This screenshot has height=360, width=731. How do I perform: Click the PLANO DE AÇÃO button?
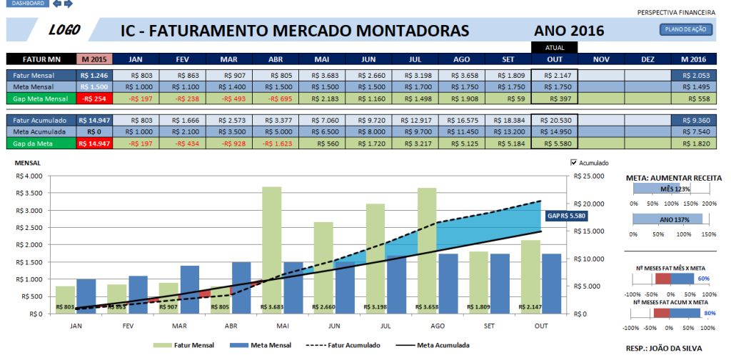(685, 29)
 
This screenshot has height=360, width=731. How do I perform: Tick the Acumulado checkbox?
(575, 163)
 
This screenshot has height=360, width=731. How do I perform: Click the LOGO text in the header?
(64, 30)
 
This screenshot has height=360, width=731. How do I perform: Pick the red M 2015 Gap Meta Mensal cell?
(94, 98)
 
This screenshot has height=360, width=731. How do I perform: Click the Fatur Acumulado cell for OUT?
(554, 121)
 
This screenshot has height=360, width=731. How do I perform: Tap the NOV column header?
(601, 59)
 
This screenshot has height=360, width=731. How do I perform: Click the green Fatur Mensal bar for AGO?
(427, 250)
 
